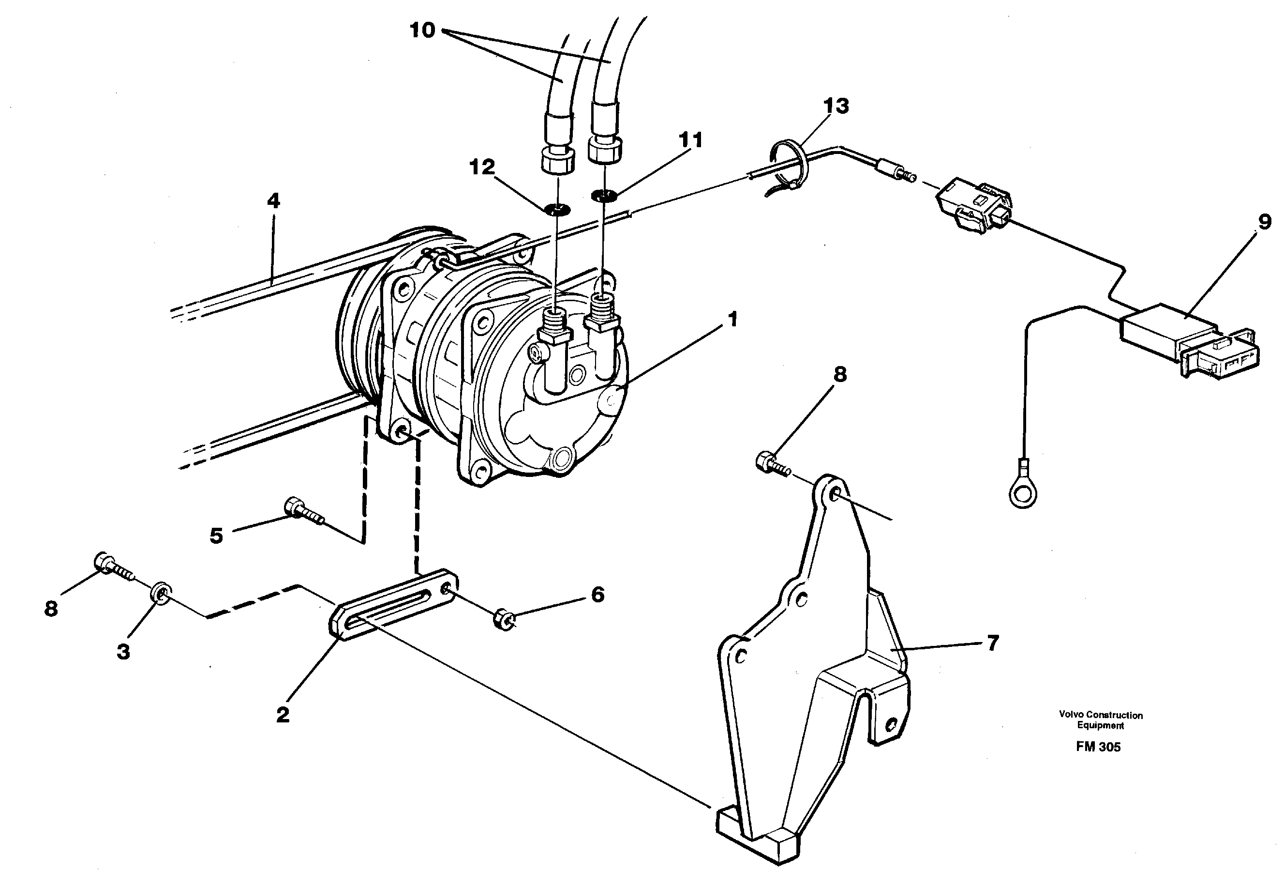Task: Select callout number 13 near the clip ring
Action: [836, 106]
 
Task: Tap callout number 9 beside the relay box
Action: [1265, 222]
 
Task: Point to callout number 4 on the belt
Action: [273, 200]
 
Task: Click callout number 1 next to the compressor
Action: [732, 319]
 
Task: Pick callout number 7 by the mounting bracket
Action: [993, 643]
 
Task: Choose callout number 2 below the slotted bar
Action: [283, 715]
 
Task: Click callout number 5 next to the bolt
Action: [216, 535]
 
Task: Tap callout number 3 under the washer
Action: [123, 651]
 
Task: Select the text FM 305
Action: [1098, 747]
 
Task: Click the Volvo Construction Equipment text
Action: [1101, 720]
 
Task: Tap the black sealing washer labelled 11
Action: [604, 195]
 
